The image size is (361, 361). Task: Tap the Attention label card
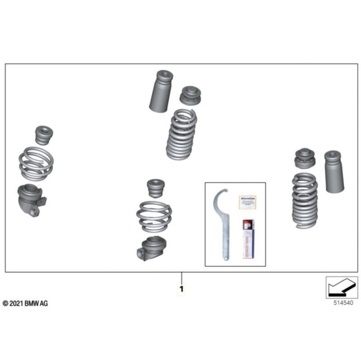[248, 201]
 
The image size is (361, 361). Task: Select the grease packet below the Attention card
[247, 238]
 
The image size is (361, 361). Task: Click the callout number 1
[181, 289]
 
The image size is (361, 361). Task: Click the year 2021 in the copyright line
[15, 303]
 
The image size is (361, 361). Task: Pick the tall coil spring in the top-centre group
[181, 135]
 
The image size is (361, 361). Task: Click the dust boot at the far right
[332, 171]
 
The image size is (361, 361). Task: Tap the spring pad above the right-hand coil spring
[305, 159]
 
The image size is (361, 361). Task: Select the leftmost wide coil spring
[37, 164]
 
